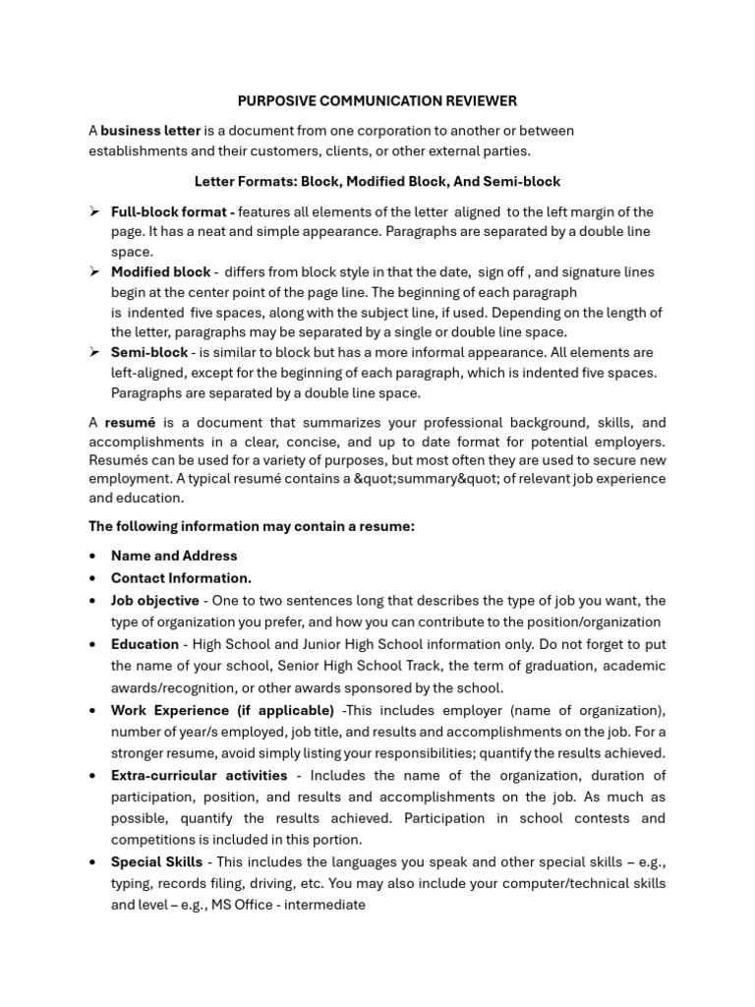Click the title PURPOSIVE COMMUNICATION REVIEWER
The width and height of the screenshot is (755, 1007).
[377, 101]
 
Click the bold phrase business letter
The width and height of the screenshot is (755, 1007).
[150, 131]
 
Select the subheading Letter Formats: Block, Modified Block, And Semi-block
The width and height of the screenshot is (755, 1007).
[377, 182]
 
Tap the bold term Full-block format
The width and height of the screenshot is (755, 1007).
[172, 211]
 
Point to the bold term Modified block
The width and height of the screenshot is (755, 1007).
[160, 271]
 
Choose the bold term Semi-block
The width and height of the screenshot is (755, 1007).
[149, 352]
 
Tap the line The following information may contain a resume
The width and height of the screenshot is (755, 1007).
[252, 526]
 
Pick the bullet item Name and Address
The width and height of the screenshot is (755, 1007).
[174, 556]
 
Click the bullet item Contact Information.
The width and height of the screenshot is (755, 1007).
[181, 578]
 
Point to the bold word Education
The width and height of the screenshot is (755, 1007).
[145, 644]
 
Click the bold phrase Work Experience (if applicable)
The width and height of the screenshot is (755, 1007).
[222, 710]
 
